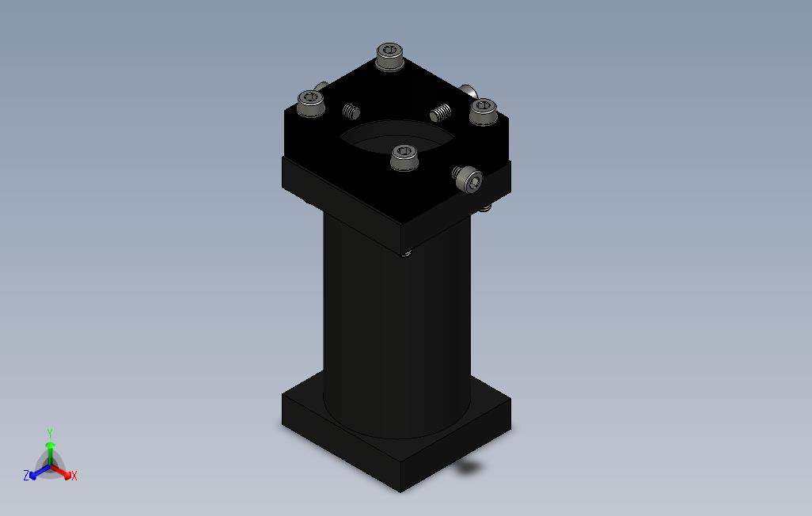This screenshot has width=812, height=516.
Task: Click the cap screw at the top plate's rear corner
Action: click(x=389, y=56)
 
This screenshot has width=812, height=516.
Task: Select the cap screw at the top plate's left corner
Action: click(x=309, y=102)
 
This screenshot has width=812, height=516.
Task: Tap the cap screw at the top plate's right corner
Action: click(x=482, y=111)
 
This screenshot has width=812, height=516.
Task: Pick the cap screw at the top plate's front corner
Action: click(x=404, y=156)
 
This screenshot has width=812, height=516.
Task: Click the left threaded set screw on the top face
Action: click(x=351, y=111)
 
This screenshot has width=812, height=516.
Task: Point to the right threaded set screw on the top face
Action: click(x=441, y=112)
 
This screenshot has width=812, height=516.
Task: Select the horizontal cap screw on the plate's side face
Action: click(x=468, y=180)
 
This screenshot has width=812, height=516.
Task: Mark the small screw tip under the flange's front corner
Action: click(x=407, y=253)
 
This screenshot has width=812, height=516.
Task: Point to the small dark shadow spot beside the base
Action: click(x=469, y=468)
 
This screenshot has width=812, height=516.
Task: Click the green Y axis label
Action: click(x=49, y=434)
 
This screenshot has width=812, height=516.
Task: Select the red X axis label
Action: click(x=74, y=476)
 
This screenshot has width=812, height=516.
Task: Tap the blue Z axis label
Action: click(x=26, y=476)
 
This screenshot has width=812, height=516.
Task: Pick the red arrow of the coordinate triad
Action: click(x=63, y=472)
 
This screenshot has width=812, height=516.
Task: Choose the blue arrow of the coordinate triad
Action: click(x=36, y=473)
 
